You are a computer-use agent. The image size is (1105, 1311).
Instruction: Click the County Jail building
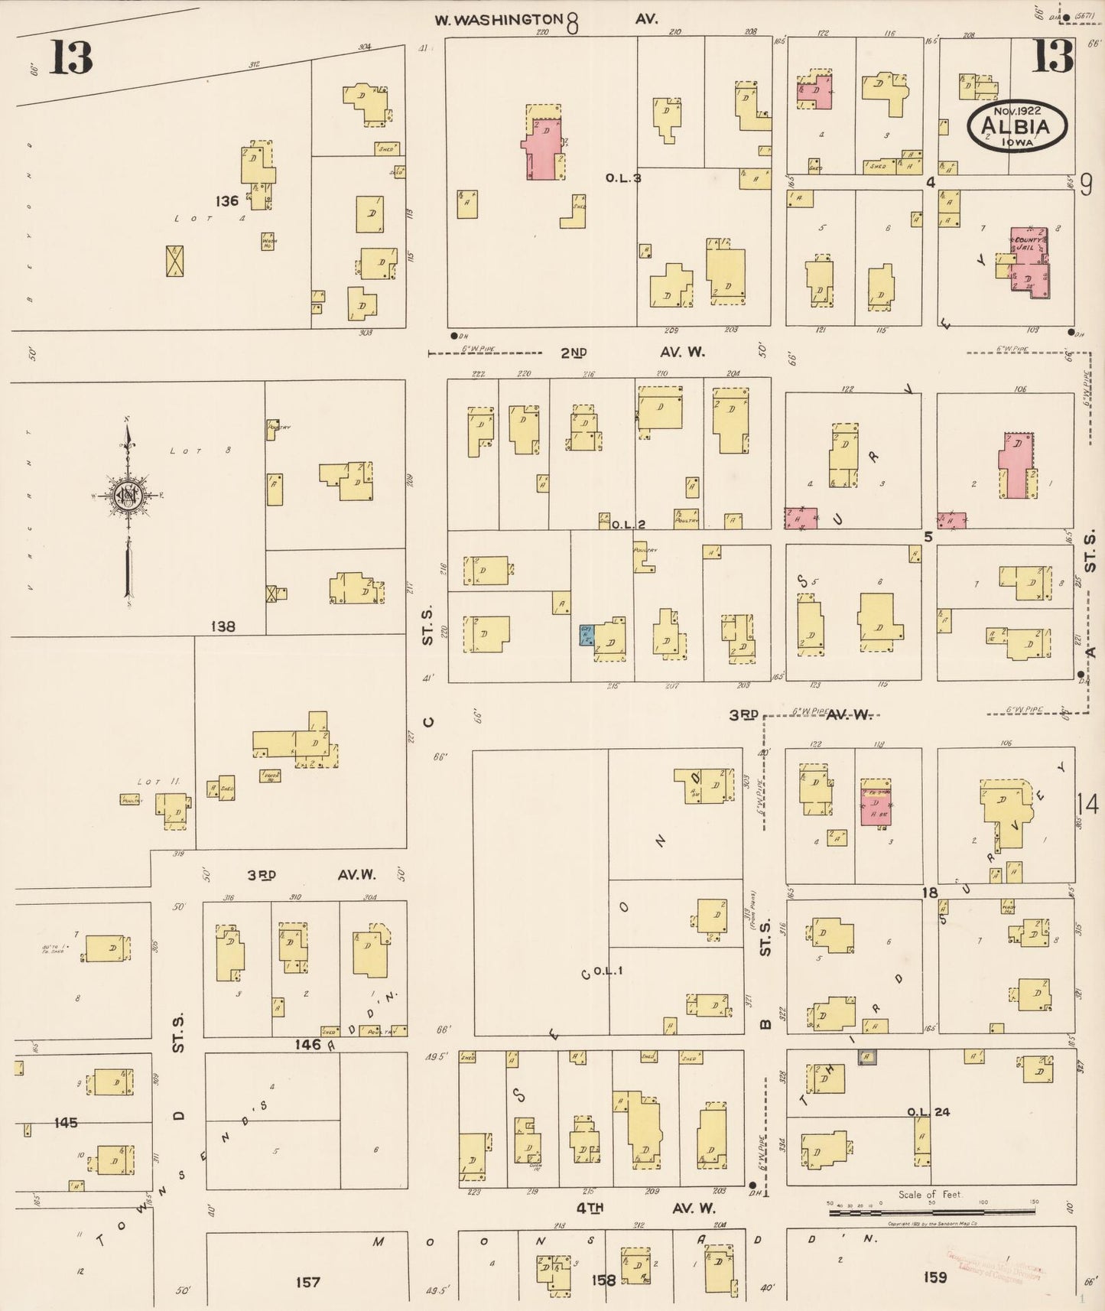click(x=1029, y=260)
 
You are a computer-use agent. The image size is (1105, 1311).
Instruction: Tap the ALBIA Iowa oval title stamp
click(x=1016, y=127)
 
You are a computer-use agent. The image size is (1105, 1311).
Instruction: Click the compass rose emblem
click(x=126, y=497)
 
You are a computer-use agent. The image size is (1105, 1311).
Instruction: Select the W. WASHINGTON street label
click(x=499, y=20)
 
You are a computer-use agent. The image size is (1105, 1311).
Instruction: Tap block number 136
click(x=227, y=201)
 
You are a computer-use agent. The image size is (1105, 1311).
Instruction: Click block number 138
click(x=223, y=626)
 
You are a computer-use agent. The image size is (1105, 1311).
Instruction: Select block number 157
click(x=307, y=1281)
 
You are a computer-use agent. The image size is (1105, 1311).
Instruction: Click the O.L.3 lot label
click(x=622, y=177)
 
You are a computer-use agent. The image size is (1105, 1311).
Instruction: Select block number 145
click(x=66, y=1122)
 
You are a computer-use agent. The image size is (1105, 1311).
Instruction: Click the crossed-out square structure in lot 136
click(x=175, y=261)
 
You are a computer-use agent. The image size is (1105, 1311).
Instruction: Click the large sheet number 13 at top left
click(x=71, y=58)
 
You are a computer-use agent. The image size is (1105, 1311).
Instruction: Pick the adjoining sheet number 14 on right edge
click(x=1087, y=805)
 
